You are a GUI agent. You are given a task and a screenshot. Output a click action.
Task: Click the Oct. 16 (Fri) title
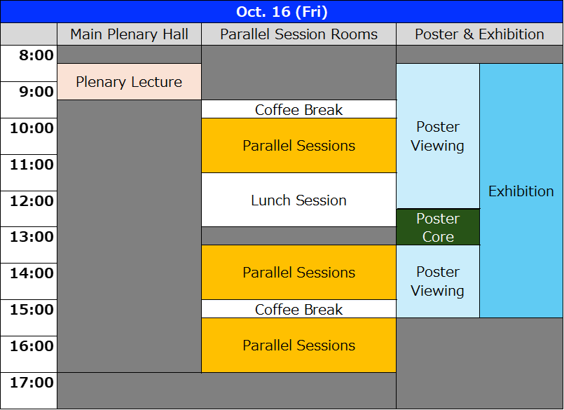pos(282,12)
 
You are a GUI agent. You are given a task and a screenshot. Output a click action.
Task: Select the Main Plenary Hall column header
pos(129,34)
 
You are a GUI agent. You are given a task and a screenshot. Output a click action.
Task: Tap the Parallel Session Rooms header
pos(298,34)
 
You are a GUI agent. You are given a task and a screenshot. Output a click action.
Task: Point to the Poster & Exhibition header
pos(479,34)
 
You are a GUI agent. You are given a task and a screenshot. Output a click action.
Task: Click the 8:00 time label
pos(36,55)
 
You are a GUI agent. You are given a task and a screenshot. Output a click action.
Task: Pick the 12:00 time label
pos(32,201)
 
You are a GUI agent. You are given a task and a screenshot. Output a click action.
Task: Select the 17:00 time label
pos(32,382)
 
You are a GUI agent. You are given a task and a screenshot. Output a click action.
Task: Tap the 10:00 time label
pos(32,128)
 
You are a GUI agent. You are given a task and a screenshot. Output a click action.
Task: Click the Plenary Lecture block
pos(129,82)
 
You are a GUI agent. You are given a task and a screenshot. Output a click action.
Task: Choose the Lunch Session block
pos(299,200)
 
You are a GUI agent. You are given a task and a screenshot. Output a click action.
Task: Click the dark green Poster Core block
pos(438,227)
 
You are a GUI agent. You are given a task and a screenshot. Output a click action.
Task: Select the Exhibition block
pos(521,191)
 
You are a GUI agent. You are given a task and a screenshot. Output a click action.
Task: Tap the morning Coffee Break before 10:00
pos(299,109)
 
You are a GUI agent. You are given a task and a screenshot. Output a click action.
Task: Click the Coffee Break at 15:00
pos(299,309)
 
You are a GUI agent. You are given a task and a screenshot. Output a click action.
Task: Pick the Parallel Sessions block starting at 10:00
pos(299,145)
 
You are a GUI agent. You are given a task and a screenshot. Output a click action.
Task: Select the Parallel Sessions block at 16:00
pos(299,346)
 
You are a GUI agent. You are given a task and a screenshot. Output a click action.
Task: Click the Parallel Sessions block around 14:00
pos(299,273)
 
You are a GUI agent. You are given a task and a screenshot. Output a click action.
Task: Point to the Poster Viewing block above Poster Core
pos(438,136)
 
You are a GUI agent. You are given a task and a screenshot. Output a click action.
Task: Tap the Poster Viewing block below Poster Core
pos(438,282)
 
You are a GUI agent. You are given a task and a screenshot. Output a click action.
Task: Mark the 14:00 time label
pos(32,273)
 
